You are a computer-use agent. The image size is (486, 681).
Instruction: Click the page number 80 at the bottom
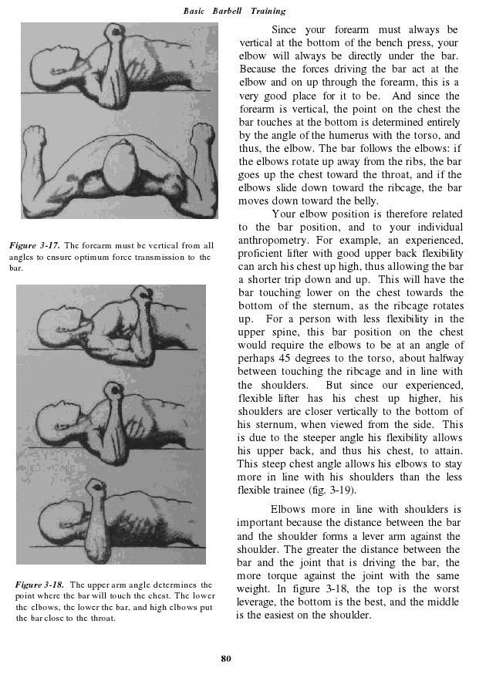tap(226, 658)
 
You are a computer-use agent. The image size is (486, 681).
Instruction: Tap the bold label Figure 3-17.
tap(35, 245)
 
